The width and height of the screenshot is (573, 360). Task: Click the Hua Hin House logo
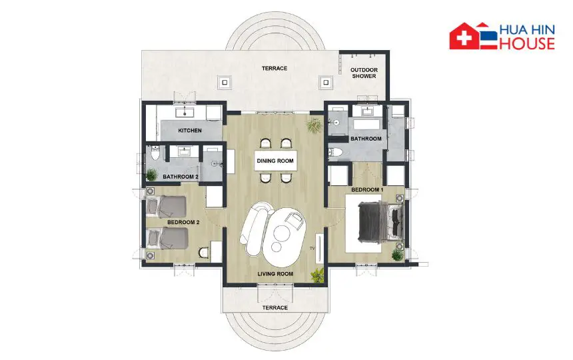(502, 36)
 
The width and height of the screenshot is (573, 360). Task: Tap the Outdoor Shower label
(364, 73)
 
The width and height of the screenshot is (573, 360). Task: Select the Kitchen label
(190, 131)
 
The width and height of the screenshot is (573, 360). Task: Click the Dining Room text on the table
(275, 161)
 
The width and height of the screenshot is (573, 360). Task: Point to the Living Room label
(275, 274)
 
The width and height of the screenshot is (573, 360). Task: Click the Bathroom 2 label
(181, 177)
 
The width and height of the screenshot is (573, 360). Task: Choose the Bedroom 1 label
(367, 190)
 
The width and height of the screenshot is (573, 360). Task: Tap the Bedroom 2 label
(183, 222)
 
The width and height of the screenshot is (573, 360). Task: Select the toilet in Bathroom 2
(155, 153)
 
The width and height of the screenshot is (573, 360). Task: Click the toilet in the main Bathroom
(334, 153)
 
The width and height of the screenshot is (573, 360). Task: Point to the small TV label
(312, 249)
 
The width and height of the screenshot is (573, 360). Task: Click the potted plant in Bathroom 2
(152, 175)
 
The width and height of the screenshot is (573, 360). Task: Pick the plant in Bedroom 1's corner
(397, 255)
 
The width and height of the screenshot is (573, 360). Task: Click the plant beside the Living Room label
(318, 275)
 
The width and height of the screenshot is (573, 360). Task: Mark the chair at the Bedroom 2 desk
(204, 253)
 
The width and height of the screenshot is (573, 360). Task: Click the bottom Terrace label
(275, 308)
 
